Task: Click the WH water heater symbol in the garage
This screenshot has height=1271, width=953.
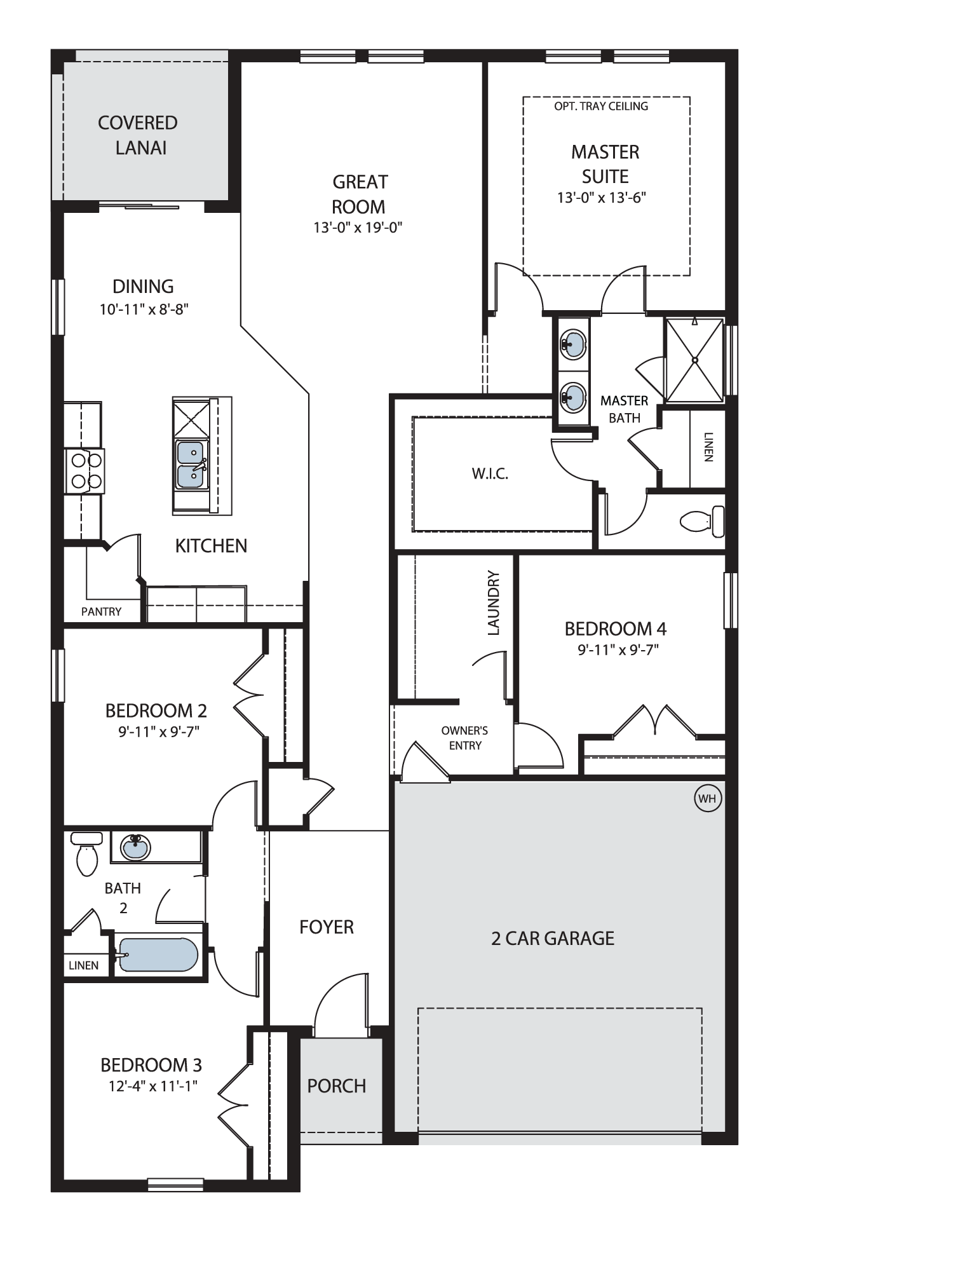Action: tap(707, 799)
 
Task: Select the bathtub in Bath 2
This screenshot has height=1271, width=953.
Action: tap(159, 955)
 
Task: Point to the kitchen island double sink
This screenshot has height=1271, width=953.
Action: tap(191, 465)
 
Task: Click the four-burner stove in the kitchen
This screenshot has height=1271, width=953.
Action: tap(84, 471)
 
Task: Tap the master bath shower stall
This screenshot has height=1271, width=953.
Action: tap(695, 360)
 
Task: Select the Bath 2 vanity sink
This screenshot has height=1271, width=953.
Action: tap(135, 847)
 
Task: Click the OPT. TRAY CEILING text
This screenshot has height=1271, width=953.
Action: tap(601, 106)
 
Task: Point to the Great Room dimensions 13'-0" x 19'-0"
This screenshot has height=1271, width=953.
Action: tap(358, 227)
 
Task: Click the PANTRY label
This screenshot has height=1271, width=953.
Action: tap(101, 611)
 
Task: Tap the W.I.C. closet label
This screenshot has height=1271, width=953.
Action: tap(490, 473)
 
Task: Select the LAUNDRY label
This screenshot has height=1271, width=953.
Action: tap(494, 603)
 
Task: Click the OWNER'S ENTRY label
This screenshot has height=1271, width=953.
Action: tap(465, 738)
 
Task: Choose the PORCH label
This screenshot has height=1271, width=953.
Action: tap(337, 1086)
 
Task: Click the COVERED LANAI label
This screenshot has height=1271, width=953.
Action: tap(138, 135)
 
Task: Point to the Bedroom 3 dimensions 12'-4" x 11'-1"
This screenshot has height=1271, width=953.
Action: tap(153, 1086)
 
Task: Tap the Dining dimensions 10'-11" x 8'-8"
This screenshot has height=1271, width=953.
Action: tap(144, 309)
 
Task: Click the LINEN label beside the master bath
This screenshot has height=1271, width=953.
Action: tap(708, 447)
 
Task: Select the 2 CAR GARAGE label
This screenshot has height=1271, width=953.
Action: tap(553, 939)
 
